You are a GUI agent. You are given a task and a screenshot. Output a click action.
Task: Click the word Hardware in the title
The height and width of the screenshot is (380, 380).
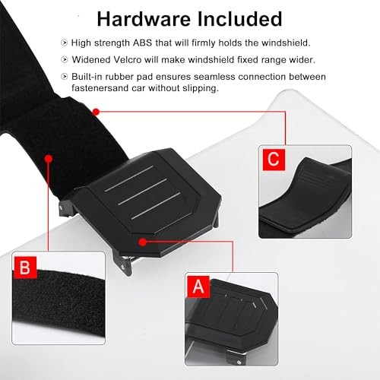coord(140,18)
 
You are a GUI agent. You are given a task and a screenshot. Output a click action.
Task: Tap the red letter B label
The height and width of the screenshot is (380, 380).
coord(25,268)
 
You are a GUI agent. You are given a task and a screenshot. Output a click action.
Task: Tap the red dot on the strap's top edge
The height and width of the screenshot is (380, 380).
coord(96,111)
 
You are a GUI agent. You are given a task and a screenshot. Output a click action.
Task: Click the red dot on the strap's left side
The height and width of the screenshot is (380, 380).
coord(48,160)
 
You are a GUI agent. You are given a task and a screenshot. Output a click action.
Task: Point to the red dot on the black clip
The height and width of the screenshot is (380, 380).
coord(143,241)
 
